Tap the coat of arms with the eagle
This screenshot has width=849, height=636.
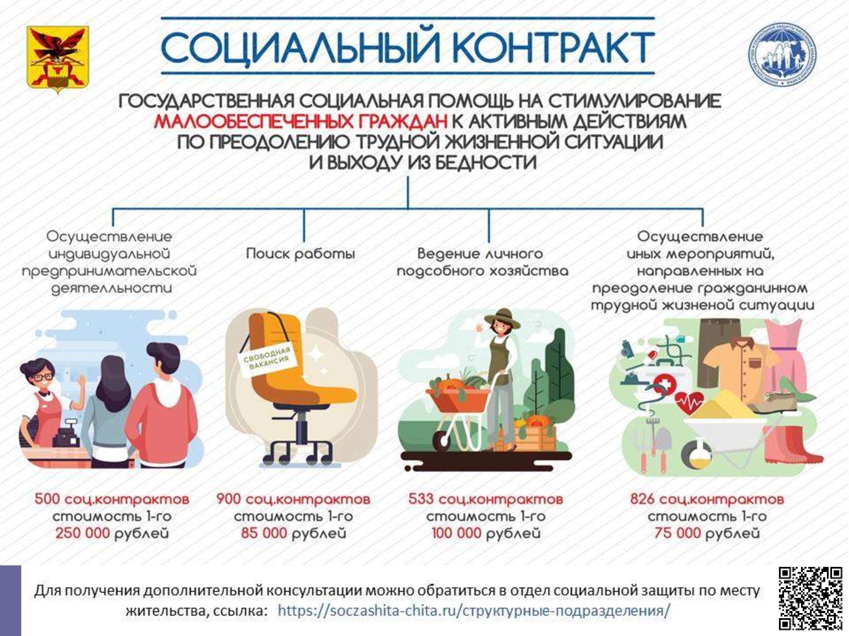[x=58, y=59]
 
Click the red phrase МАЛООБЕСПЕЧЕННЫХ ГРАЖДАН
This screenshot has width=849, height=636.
[x=301, y=121]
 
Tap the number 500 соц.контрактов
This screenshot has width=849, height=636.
[x=112, y=499]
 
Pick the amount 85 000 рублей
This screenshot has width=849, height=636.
[x=293, y=533]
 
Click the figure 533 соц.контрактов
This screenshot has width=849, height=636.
[x=486, y=499]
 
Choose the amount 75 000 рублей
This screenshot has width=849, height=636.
[x=707, y=533]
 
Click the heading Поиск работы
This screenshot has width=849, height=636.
[x=301, y=254]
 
